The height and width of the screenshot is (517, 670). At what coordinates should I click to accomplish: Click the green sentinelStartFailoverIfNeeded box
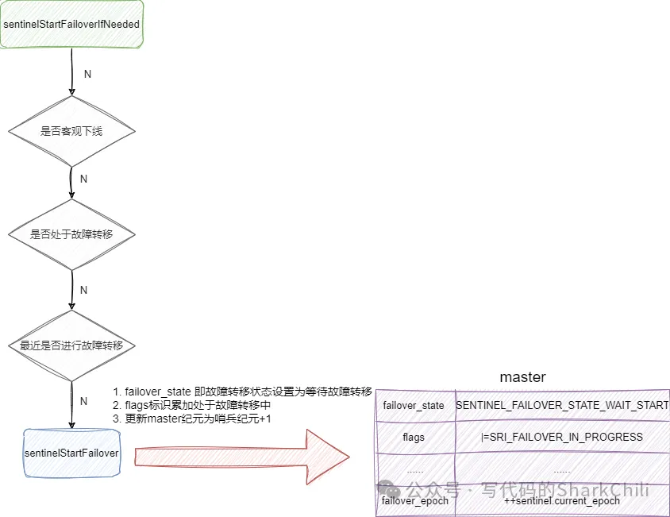pyautogui.click(x=71, y=25)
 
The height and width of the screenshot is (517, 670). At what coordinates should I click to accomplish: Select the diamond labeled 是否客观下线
pyautogui.click(x=71, y=131)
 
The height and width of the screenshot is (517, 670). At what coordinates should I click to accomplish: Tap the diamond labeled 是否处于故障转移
pyautogui.click(x=71, y=235)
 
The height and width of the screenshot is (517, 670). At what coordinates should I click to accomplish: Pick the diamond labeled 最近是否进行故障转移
pyautogui.click(x=71, y=346)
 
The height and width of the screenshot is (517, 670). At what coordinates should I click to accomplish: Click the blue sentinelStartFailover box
pyautogui.click(x=71, y=453)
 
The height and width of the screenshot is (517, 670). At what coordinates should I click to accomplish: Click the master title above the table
pyautogui.click(x=522, y=377)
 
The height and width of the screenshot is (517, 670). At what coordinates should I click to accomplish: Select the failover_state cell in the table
pyautogui.click(x=414, y=406)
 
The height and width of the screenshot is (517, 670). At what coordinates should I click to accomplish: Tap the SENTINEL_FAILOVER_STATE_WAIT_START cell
pyautogui.click(x=562, y=406)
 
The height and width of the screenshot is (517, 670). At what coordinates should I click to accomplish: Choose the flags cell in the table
pyautogui.click(x=414, y=437)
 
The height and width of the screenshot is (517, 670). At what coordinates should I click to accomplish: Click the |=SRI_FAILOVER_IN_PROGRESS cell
pyautogui.click(x=562, y=437)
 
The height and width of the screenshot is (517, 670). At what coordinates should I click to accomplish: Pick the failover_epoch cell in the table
pyautogui.click(x=414, y=501)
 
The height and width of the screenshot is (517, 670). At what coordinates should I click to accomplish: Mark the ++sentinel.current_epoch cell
pyautogui.click(x=562, y=501)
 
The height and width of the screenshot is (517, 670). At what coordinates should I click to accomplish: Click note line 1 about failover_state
pyautogui.click(x=242, y=392)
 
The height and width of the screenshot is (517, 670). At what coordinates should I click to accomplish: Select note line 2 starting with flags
pyautogui.click(x=198, y=405)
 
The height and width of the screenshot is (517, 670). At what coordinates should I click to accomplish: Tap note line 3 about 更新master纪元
pyautogui.click(x=191, y=419)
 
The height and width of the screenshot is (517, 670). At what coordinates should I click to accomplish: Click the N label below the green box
pyautogui.click(x=87, y=74)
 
